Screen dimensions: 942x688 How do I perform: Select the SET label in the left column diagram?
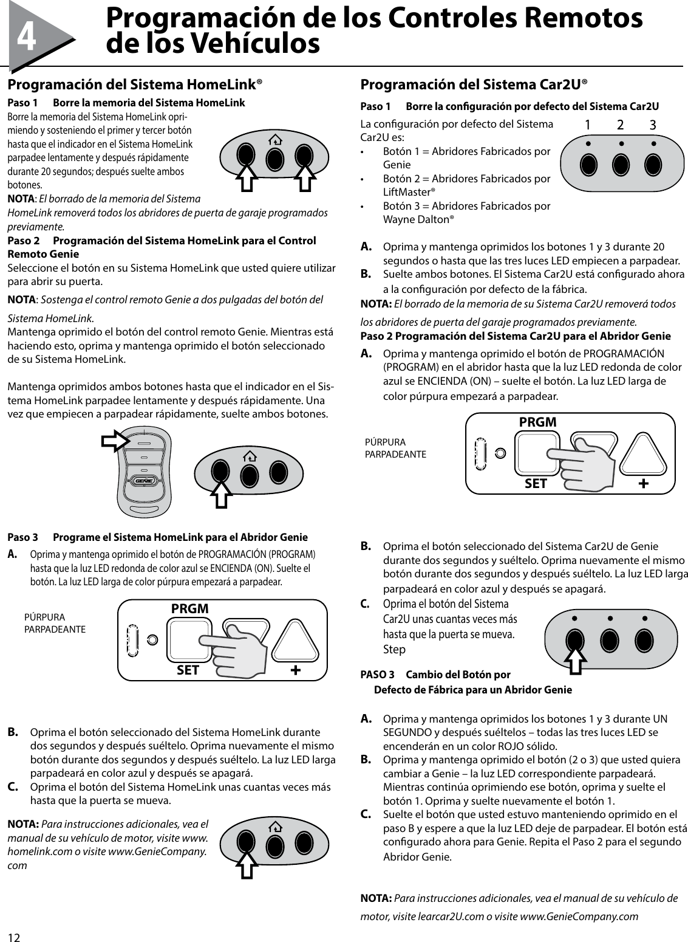[x=188, y=670]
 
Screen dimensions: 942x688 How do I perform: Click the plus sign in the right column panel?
[x=643, y=483]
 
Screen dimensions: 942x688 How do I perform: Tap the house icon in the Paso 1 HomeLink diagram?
[x=275, y=141]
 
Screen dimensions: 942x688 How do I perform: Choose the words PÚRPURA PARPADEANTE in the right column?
[x=395, y=449]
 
